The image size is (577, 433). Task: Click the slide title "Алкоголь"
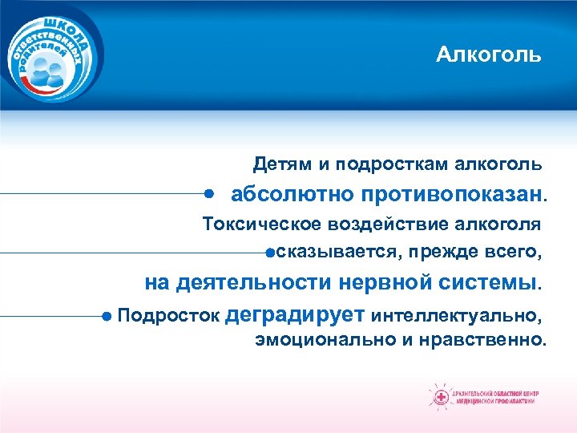coord(489,55)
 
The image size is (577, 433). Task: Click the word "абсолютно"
coord(293,194)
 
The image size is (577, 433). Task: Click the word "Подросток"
coord(169,314)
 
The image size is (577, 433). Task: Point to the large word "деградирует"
coord(297,314)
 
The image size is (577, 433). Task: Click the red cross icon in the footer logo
coord(440,396)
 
